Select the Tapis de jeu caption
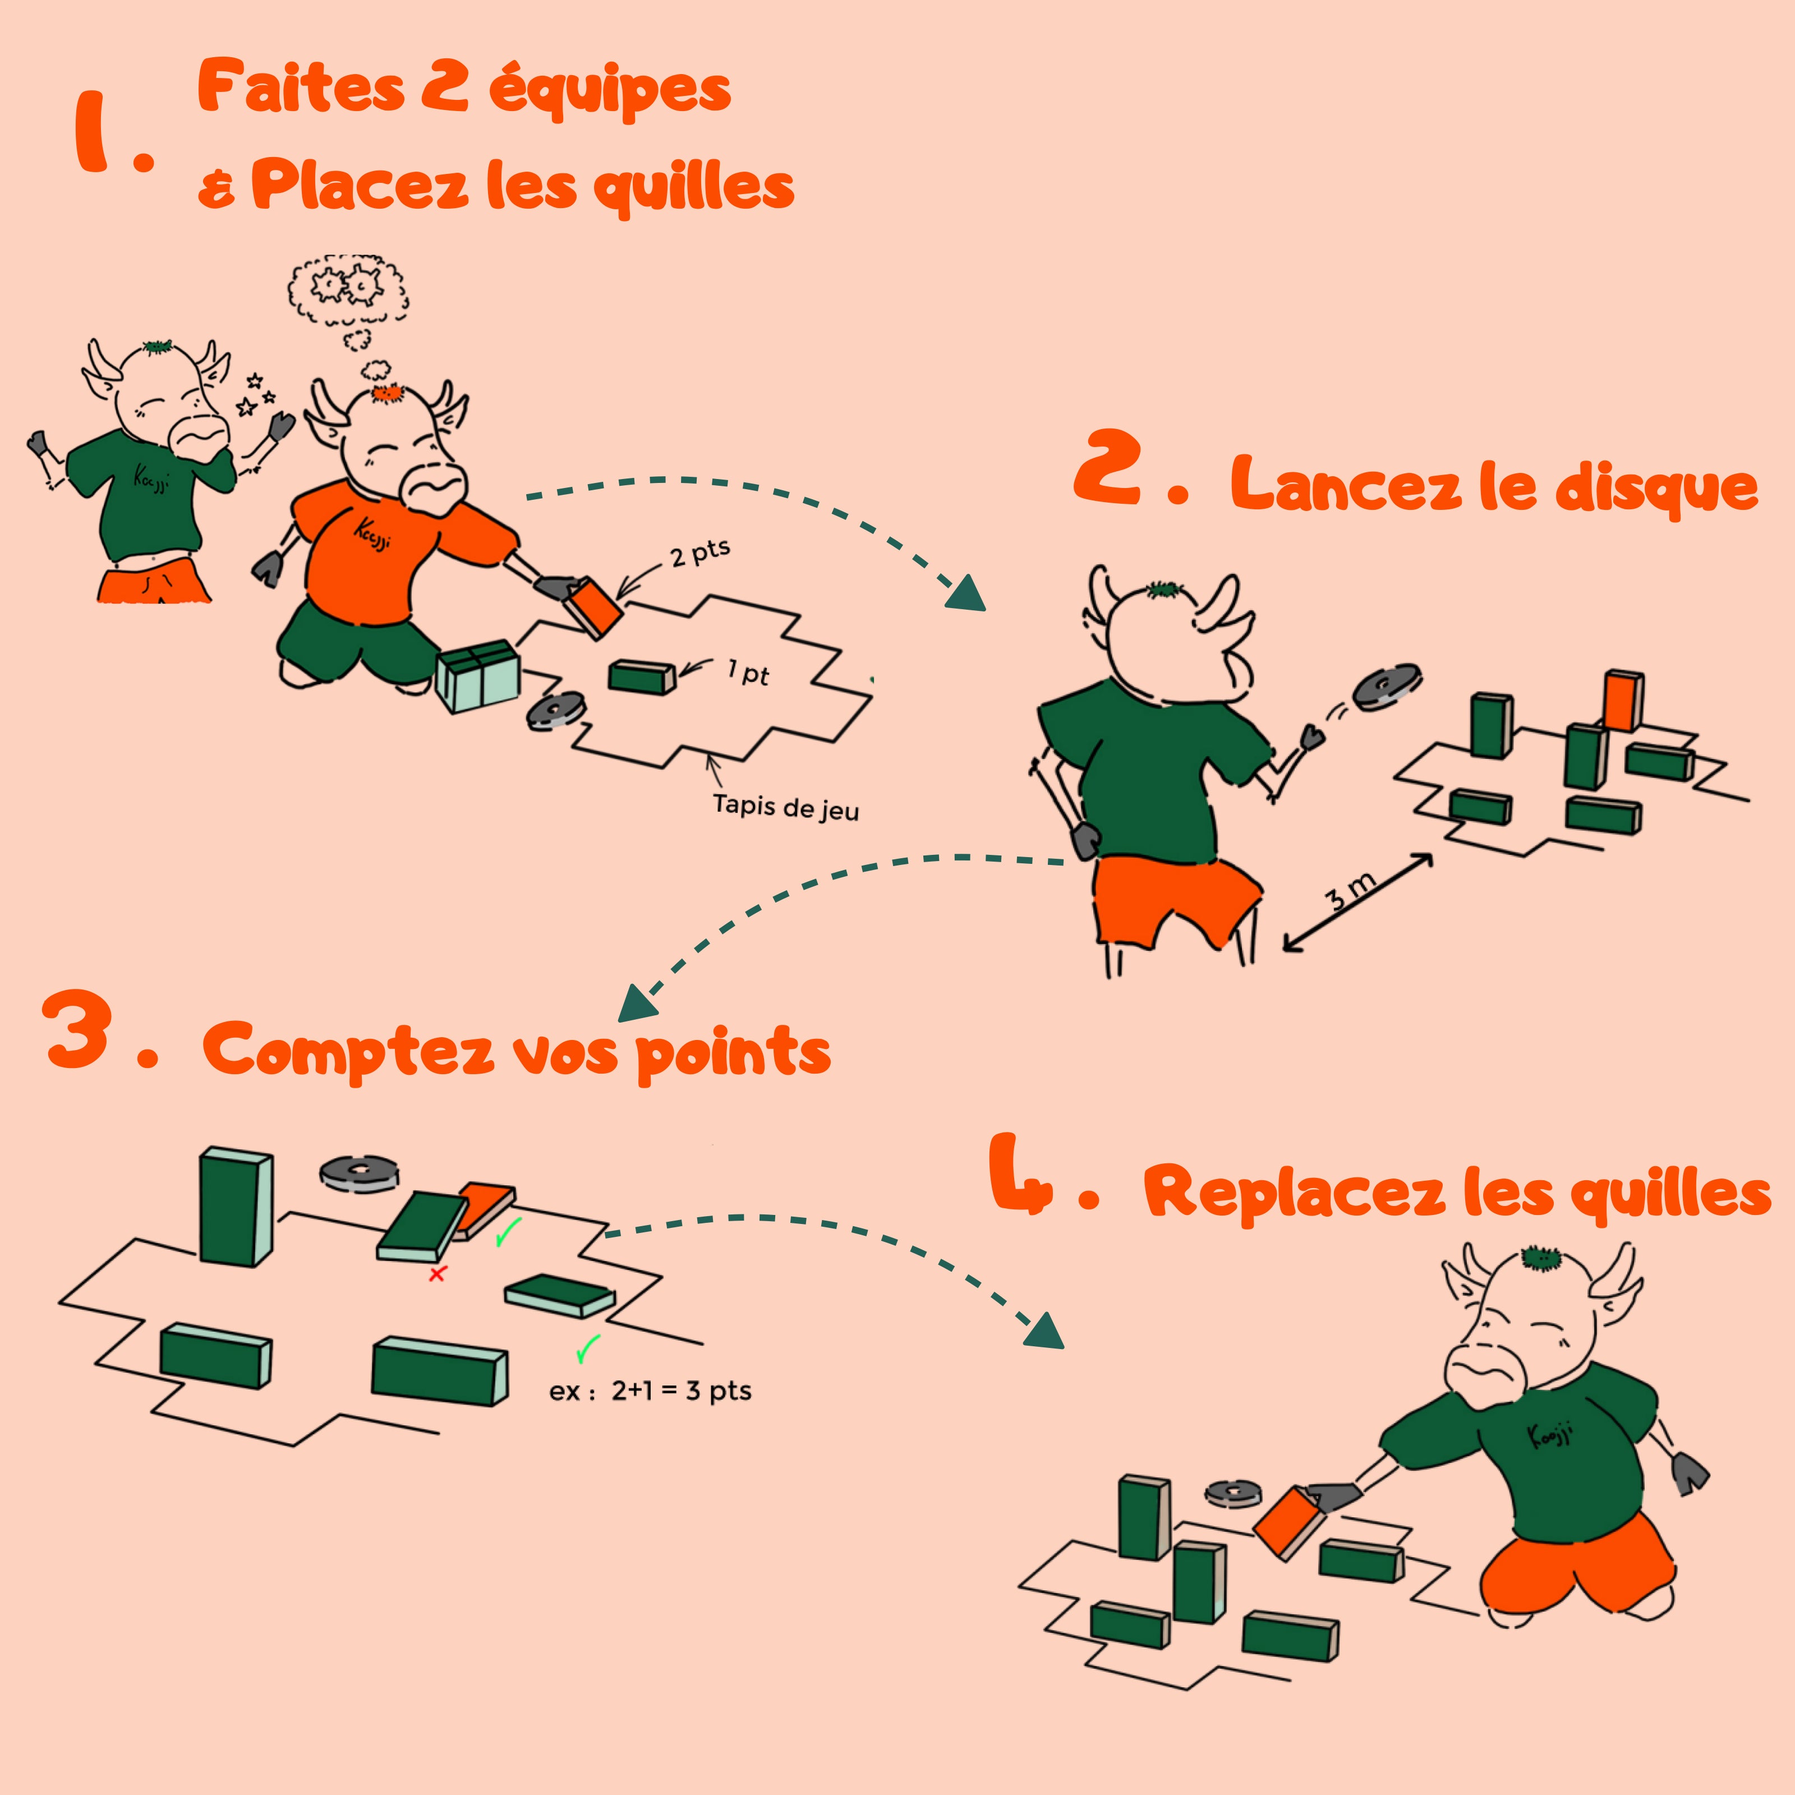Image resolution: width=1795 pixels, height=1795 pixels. tap(785, 807)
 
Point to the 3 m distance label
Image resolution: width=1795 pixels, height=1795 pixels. tap(1349, 892)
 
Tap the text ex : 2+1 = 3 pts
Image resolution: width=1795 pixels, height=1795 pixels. tap(650, 1391)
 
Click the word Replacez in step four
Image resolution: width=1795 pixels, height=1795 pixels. tap(1294, 1192)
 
